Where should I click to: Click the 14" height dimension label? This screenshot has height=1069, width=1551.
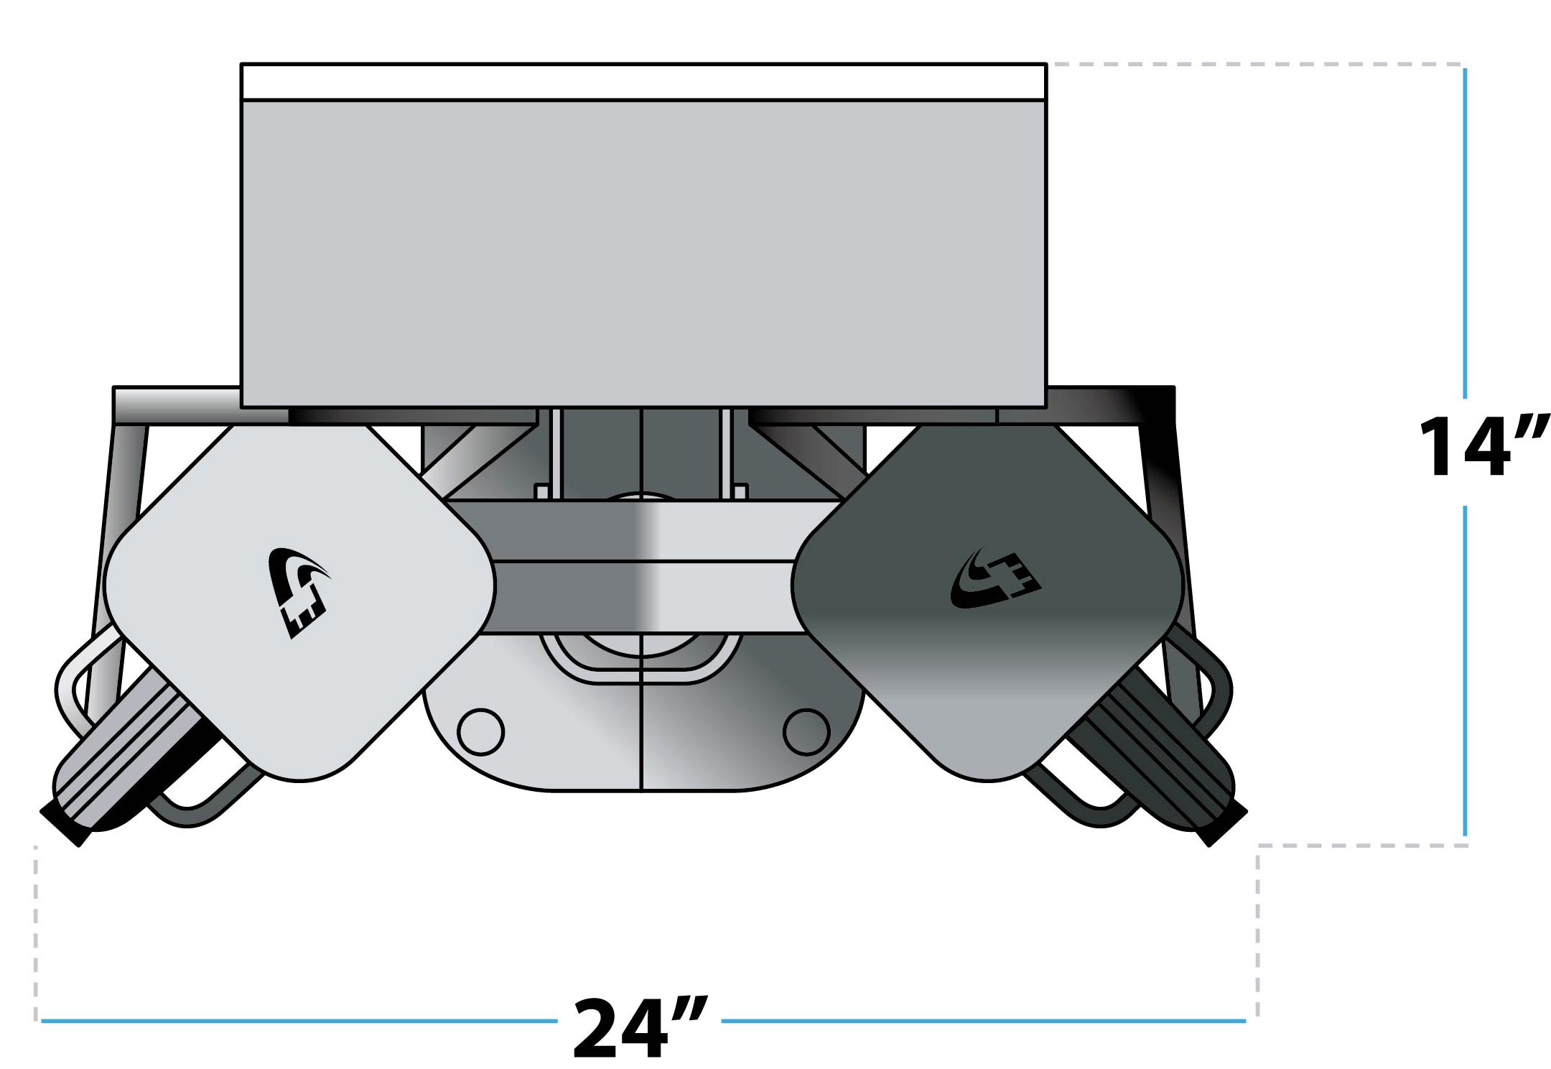(x=1482, y=447)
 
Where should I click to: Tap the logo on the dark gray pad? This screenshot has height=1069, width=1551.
(x=995, y=580)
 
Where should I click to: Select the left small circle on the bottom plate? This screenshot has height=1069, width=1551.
(x=480, y=731)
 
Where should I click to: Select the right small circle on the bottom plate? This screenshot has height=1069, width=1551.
(x=806, y=731)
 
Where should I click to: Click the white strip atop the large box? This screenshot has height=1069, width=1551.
(x=643, y=82)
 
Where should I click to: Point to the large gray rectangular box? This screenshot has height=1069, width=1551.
(x=643, y=251)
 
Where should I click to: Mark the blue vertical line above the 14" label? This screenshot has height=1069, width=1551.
(x=1465, y=230)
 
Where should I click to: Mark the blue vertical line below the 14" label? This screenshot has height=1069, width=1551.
(x=1465, y=668)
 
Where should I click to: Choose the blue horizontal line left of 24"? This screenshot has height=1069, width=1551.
(x=298, y=1020)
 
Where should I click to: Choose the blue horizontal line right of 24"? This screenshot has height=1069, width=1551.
(x=984, y=1020)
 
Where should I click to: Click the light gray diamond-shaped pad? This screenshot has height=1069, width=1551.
(x=302, y=647)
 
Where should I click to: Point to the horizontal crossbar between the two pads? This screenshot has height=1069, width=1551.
(x=643, y=568)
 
